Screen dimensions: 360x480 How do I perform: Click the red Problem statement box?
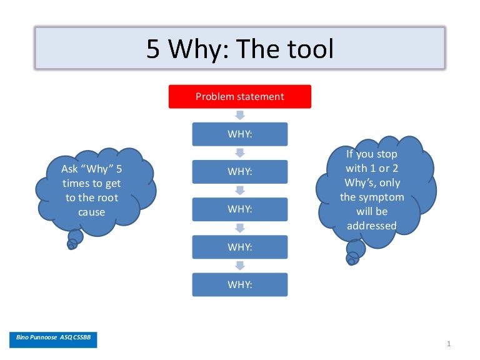(x=240, y=97)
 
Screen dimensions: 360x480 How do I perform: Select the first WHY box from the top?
(x=240, y=134)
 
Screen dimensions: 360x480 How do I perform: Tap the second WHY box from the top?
(x=240, y=172)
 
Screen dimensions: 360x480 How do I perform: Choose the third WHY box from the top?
(x=240, y=209)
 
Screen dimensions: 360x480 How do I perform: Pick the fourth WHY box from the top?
(x=240, y=247)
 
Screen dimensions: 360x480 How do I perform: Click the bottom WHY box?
(x=240, y=284)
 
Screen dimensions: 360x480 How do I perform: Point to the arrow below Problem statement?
(x=240, y=116)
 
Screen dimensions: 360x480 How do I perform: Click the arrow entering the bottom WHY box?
(x=240, y=266)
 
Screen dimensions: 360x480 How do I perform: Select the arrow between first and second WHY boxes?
(x=240, y=153)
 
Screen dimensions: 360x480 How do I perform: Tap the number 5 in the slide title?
(x=153, y=49)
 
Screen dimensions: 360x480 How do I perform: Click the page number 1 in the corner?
(x=449, y=344)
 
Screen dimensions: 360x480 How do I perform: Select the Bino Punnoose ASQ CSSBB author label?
(x=53, y=338)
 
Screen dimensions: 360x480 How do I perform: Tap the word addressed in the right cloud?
(x=372, y=226)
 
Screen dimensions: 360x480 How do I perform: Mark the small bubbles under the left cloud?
(x=74, y=239)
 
